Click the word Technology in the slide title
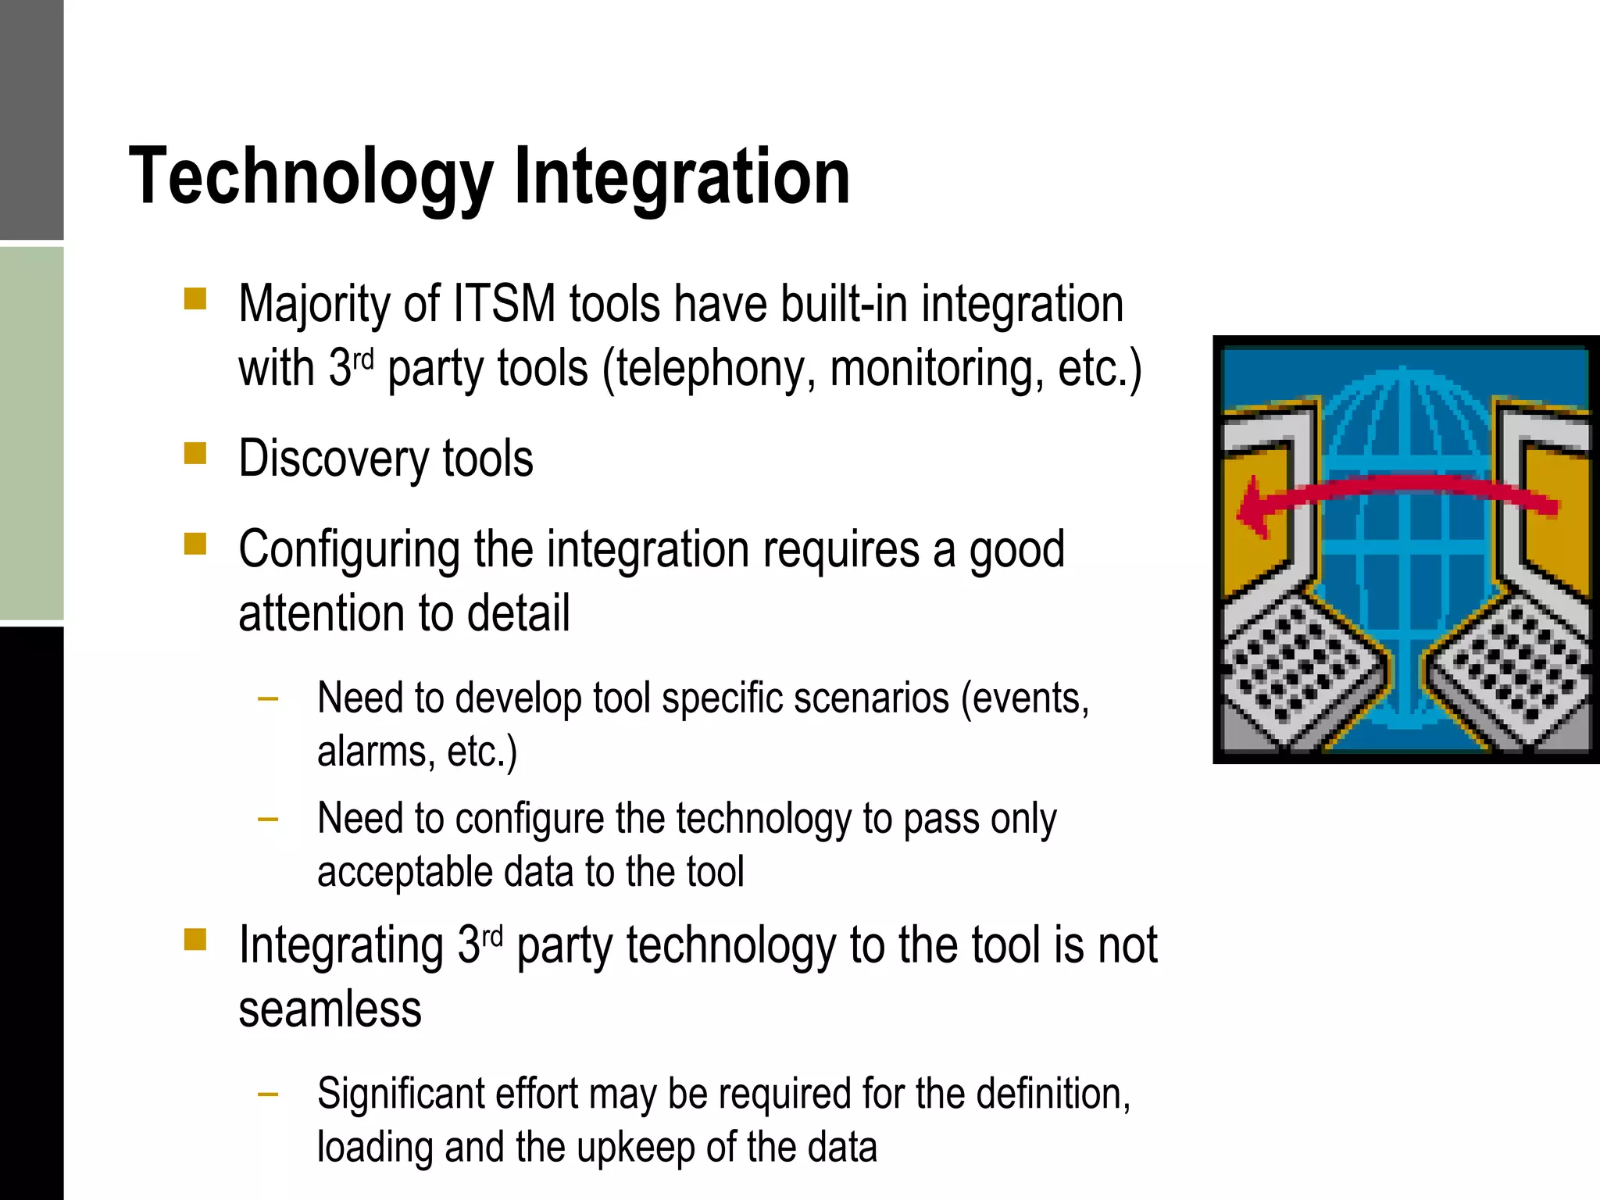[x=311, y=178]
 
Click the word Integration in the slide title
[x=681, y=178]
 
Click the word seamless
[x=330, y=1009]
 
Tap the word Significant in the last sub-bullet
[x=400, y=1094]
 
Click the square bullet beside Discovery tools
[x=195, y=453]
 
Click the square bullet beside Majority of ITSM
[x=195, y=299]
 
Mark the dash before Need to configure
[x=268, y=820]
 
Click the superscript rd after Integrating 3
[x=492, y=935]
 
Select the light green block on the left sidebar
[x=31, y=434]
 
